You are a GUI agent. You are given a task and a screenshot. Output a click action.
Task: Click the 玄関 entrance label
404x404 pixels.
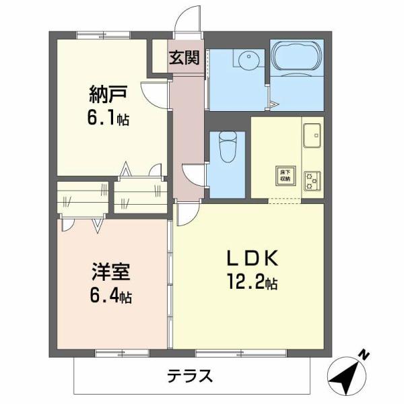click(x=184, y=57)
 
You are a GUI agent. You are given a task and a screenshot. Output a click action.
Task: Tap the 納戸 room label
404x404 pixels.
click(x=104, y=93)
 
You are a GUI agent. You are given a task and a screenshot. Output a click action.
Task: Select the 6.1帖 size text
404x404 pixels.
click(x=107, y=119)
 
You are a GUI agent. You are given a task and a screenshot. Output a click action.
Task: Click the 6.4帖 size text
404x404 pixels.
click(x=111, y=296)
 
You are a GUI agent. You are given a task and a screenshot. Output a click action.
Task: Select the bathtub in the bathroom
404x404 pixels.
click(x=296, y=57)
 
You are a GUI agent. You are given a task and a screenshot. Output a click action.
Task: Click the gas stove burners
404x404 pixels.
click(x=312, y=179)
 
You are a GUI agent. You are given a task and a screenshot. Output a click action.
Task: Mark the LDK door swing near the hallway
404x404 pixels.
click(x=187, y=214)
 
